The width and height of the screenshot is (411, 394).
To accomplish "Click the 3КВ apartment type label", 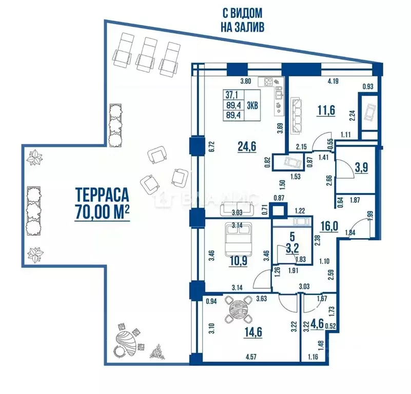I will [x=252, y=106].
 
